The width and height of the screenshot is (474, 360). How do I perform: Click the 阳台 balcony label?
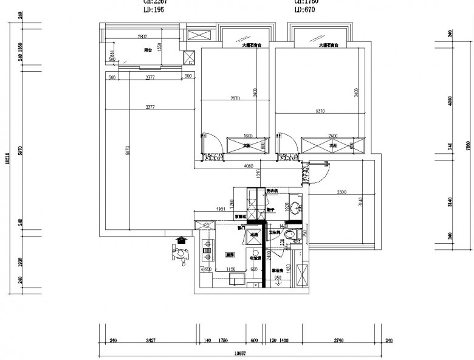[148, 50]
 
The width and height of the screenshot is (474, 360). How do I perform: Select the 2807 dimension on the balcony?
[143, 37]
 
